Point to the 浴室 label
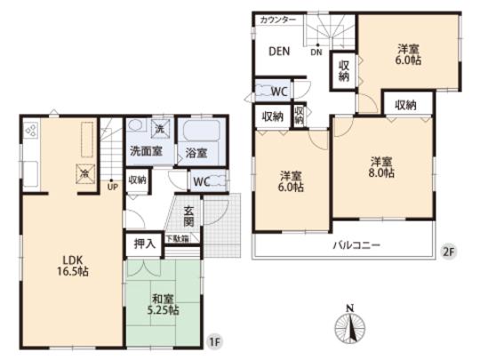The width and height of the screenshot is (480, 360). (x=196, y=153)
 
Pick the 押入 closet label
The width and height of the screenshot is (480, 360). (x=141, y=241)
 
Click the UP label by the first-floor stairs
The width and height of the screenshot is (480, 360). (x=112, y=187)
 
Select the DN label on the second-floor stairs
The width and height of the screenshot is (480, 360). (x=316, y=52)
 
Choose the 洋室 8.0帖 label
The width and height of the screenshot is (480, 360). (x=383, y=167)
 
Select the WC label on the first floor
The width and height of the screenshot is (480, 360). (x=202, y=180)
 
